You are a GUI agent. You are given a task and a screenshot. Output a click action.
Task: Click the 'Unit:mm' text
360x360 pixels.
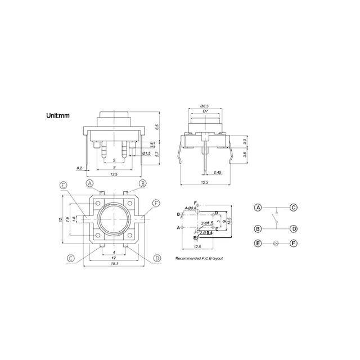[x=58, y=117]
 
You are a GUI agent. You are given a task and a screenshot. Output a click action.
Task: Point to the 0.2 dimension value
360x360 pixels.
[x=79, y=168]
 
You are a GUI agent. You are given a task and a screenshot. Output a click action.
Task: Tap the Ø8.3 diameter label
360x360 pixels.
[x=205, y=106]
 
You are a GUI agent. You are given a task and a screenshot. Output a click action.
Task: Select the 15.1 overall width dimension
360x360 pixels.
[x=114, y=264]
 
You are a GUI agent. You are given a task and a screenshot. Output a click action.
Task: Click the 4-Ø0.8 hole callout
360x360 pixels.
[x=186, y=208]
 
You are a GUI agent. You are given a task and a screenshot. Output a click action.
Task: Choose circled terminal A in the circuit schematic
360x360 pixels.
[x=258, y=208]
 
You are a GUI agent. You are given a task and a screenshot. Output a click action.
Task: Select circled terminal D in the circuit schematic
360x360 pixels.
[x=294, y=229]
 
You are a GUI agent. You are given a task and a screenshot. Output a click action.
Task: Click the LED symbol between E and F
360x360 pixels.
[x=276, y=244]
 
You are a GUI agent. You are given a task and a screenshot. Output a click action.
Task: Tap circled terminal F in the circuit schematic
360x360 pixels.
[x=294, y=244]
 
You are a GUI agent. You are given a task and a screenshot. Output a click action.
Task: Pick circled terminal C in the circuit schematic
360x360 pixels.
[x=294, y=208]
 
